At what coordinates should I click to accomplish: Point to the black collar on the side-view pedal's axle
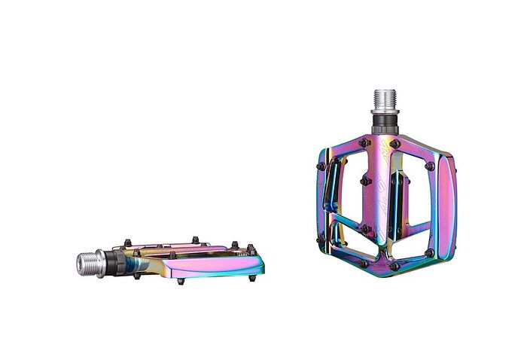click(x=117, y=262)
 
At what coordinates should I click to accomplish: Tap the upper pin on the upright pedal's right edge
click(x=429, y=166)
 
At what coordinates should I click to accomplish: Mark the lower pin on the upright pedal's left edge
click(x=321, y=243)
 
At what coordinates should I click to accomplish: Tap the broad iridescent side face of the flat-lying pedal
click(x=218, y=262)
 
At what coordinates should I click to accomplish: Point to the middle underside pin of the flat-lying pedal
click(x=181, y=282)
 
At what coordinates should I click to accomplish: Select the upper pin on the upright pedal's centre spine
click(x=366, y=181)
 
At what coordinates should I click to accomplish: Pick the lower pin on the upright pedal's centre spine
click(x=366, y=228)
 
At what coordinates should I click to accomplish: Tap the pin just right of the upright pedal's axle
click(x=394, y=144)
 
